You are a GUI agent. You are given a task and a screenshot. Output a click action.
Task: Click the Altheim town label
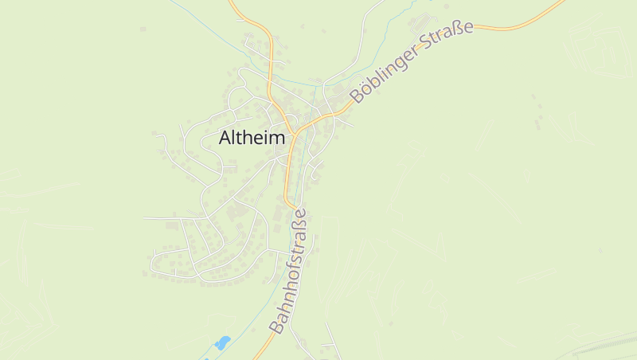pos(252,138)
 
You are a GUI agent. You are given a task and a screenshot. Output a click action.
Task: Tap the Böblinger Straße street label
pos(412,61)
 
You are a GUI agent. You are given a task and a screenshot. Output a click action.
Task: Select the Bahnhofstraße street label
pos(288,271)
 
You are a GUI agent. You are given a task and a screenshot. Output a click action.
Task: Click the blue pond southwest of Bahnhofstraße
pos(222,343)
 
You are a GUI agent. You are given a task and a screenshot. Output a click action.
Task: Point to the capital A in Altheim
pos(226,138)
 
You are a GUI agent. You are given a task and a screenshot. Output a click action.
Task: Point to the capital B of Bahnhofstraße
pos(276,326)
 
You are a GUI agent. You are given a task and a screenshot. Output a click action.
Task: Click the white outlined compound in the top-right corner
pos(597,52)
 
